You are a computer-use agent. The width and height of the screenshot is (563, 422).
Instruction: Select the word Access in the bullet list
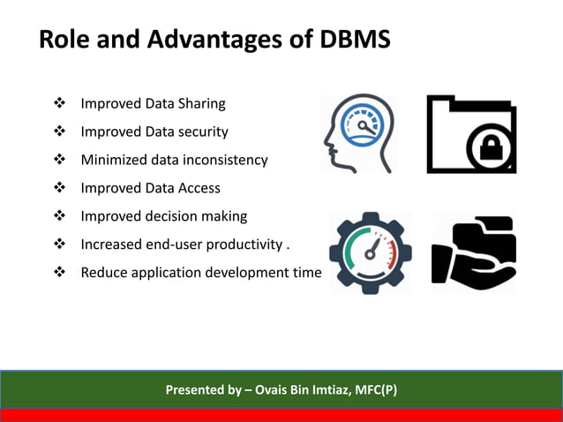[195, 188]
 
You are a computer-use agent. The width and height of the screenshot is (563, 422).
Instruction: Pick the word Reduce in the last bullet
[104, 273]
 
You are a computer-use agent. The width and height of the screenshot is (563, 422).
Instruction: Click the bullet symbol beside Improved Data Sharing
[60, 104]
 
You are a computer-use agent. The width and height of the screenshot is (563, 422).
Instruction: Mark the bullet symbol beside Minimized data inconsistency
[60, 160]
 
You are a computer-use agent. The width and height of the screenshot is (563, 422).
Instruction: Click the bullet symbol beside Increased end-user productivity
[60, 245]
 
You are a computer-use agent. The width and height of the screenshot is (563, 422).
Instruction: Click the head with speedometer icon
[357, 133]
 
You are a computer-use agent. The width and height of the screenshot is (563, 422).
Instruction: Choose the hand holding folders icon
[473, 252]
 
